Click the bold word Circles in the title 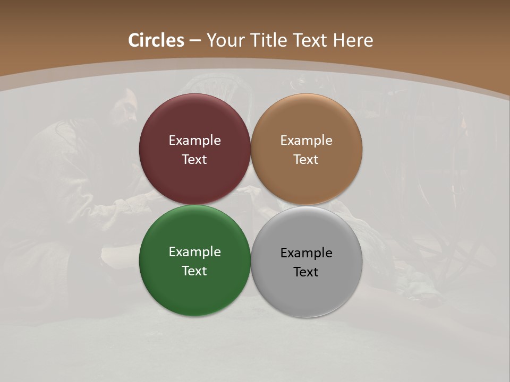tap(156, 40)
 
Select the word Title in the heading tap(271, 40)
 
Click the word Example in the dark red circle tap(194, 141)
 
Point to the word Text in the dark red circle tap(194, 160)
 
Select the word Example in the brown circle tap(307, 141)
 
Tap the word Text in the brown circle tap(307, 160)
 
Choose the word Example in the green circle tap(194, 252)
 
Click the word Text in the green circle tap(194, 271)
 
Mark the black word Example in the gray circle tap(307, 253)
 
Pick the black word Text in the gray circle tap(307, 272)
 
